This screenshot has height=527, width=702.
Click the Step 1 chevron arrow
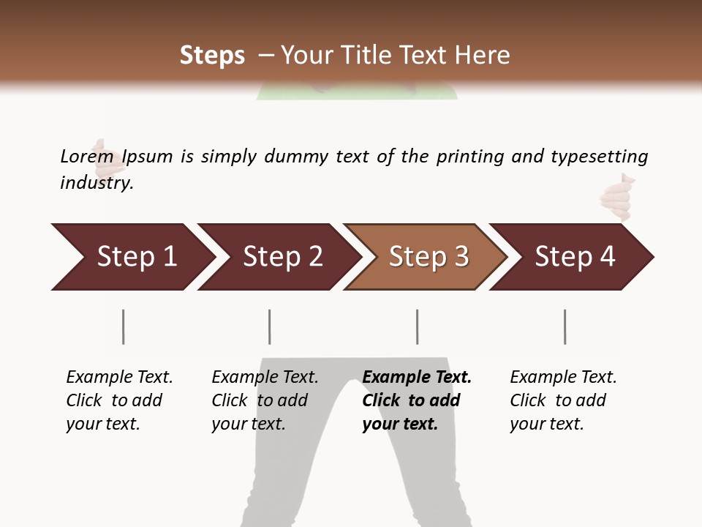click(132, 257)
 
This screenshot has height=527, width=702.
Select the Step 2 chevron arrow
click(278, 257)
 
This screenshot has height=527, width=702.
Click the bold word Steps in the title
click(212, 56)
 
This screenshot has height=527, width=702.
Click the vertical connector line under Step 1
click(124, 326)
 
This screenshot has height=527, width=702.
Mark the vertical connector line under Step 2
click(270, 326)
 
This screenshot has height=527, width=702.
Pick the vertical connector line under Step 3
click(418, 326)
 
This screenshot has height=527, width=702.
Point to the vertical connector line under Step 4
click(565, 326)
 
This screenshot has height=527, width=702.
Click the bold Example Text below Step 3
click(417, 378)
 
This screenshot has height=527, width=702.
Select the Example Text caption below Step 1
click(119, 378)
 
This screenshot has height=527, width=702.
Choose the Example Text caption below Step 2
click(265, 378)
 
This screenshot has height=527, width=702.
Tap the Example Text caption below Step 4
click(563, 378)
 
